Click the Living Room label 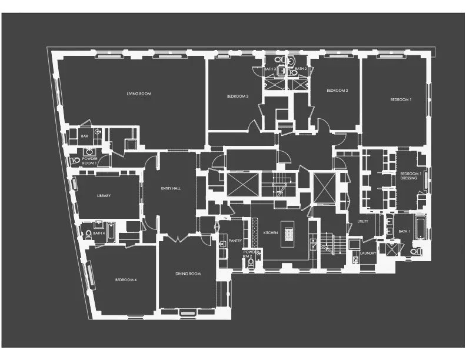point(139,93)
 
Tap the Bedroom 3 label point(238,96)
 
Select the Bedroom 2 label point(338,90)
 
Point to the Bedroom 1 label point(401,99)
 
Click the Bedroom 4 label point(126,279)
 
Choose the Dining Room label point(188,274)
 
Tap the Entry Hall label point(170,189)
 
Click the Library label point(104,196)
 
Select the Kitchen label point(270,233)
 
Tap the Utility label point(362,221)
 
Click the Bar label point(84,136)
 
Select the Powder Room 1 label point(90,161)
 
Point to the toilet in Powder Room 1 point(75,160)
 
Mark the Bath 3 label point(269,69)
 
